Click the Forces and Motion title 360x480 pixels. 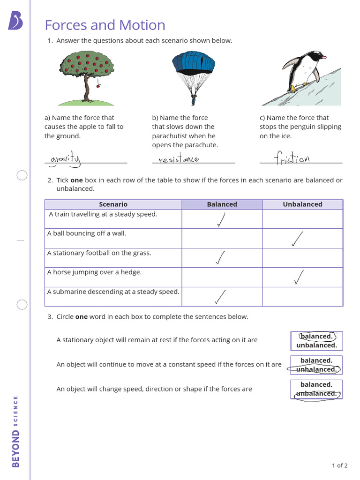(x=105, y=25)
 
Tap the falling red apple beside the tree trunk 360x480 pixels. (x=98, y=86)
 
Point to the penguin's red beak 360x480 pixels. (x=323, y=57)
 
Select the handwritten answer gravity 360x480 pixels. (x=66, y=160)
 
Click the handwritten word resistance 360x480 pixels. (x=178, y=160)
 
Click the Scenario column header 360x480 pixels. (x=113, y=204)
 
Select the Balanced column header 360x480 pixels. (x=222, y=204)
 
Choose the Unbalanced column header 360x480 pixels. (x=302, y=204)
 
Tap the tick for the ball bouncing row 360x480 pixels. (x=297, y=239)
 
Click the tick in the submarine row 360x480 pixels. (x=220, y=296)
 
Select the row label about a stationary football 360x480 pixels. (x=99, y=253)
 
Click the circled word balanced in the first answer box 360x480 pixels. (x=316, y=337)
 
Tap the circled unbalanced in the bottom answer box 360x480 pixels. (x=316, y=394)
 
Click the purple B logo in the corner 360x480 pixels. (x=15, y=21)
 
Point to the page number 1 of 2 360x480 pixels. (x=339, y=465)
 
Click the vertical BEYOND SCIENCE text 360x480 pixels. (x=15, y=431)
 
